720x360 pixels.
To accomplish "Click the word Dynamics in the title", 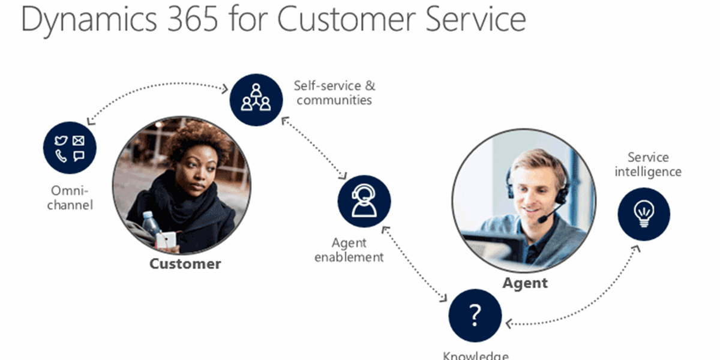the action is [89, 20].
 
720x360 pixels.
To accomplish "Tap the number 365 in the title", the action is [193, 19].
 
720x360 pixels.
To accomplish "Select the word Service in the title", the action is [476, 19].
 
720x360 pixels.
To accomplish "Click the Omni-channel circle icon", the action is [70, 148].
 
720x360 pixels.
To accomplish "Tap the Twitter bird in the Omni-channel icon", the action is [61, 140].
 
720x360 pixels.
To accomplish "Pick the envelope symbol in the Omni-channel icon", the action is [79, 140].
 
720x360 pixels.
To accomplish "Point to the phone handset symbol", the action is [61, 156].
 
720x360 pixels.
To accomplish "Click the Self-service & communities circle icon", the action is [256, 100].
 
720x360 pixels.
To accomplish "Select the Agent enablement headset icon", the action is [364, 201].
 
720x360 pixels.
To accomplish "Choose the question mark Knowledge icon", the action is [475, 316].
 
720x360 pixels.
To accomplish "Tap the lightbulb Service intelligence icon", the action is [644, 214].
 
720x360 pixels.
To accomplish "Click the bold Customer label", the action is [185, 264].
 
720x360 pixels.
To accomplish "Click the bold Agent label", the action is [525, 283].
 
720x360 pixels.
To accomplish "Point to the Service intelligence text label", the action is [648, 164].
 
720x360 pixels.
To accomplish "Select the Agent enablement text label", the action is [349, 250].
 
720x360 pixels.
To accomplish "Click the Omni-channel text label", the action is [70, 198].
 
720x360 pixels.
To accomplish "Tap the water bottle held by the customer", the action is [151, 223].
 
